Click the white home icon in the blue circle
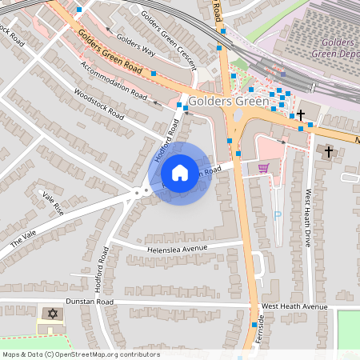click(x=180, y=173)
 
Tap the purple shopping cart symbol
click(x=263, y=168)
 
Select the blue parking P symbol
click(x=278, y=215)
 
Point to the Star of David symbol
click(x=54, y=313)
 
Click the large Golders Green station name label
click(x=223, y=102)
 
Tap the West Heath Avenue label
click(x=294, y=306)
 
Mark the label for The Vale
click(x=24, y=239)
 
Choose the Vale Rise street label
click(x=52, y=203)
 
